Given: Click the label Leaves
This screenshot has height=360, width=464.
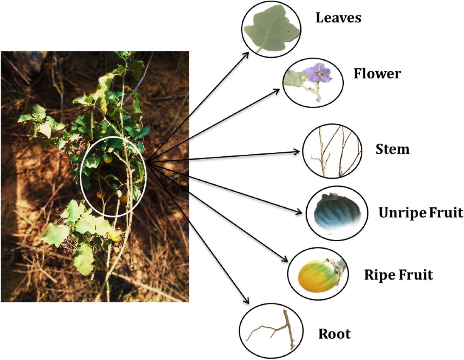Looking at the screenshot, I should (338, 18).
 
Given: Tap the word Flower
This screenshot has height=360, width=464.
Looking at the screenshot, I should (377, 73).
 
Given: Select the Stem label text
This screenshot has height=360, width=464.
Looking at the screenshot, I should (392, 149).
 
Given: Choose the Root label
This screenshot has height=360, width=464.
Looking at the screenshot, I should (334, 334).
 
